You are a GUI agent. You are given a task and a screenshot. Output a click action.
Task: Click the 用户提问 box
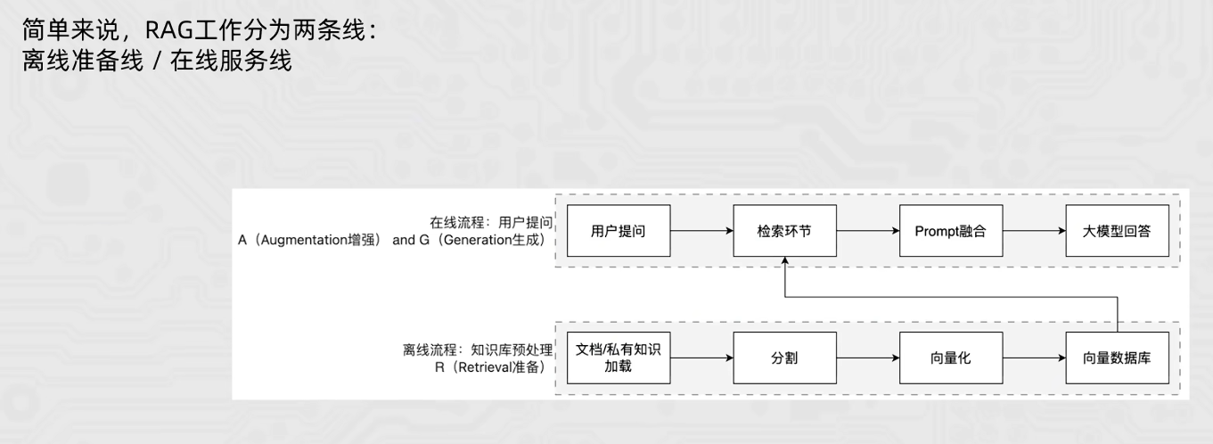(618, 231)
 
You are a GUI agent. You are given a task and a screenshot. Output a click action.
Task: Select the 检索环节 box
(784, 231)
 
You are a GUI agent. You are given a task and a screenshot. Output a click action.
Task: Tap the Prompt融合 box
(951, 231)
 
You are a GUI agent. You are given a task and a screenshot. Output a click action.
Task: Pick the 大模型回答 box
(1118, 231)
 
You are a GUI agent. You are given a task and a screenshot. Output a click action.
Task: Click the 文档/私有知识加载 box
(618, 358)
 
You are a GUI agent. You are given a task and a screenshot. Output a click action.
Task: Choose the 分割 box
(784, 358)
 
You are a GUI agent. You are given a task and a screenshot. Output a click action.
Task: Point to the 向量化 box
(951, 358)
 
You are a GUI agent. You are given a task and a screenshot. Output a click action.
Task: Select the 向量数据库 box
(1118, 358)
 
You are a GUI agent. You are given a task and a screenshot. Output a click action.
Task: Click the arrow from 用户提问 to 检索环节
(701, 231)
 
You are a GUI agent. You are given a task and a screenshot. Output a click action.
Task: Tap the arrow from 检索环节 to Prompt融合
(867, 231)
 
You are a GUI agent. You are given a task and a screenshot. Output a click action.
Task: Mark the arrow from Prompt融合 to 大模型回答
(1034, 231)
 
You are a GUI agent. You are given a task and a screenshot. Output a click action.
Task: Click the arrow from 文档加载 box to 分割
(701, 358)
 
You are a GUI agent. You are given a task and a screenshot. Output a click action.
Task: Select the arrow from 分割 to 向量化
(867, 358)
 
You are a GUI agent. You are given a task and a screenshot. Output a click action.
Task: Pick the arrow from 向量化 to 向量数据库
(1034, 358)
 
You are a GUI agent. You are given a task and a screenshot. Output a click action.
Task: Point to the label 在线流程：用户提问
(492, 221)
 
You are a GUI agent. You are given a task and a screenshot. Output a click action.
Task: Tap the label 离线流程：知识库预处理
(478, 349)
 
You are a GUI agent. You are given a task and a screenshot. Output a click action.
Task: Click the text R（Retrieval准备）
(487, 366)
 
